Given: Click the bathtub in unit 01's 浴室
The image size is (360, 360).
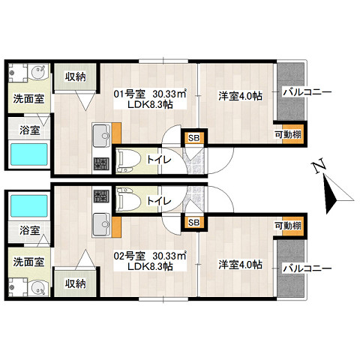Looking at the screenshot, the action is [29, 154].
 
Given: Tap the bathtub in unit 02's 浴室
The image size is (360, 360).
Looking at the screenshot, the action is [29, 205].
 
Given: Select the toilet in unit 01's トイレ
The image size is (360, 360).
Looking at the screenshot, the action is [129, 160].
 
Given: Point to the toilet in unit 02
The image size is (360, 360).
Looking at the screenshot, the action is [129, 199].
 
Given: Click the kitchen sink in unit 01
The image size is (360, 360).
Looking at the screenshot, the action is [101, 136].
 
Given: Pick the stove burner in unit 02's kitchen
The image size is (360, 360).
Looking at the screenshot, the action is [101, 196].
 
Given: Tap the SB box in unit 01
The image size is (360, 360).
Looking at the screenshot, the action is [194, 138].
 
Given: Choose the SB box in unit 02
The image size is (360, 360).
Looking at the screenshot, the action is [194, 222].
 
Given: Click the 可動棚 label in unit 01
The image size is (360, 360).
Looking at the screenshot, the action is [288, 134].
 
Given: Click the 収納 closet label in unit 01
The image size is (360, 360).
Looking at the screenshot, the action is [75, 76].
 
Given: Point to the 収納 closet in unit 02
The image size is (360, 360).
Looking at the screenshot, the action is [75, 283].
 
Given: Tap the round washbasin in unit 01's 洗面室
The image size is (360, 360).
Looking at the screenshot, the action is [38, 71].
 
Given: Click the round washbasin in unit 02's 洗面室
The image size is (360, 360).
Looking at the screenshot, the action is [38, 289].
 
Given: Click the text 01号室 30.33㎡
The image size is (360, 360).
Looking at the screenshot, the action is [150, 94].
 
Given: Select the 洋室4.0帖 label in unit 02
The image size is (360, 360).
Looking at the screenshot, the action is [241, 265].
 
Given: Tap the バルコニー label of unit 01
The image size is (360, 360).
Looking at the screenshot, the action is [307, 92].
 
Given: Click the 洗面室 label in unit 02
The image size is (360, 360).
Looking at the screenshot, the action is [29, 262].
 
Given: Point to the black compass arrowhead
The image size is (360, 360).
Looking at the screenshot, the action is [331, 194].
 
